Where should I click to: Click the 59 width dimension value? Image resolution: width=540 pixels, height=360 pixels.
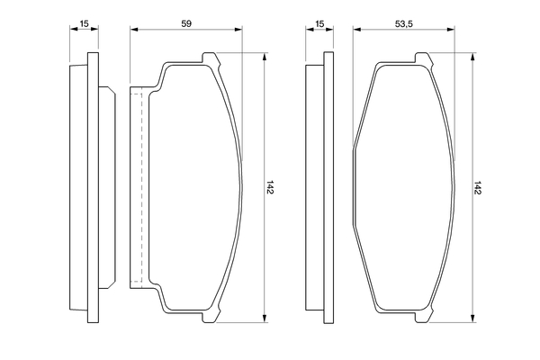[186, 23]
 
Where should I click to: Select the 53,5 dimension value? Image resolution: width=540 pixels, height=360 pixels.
[404, 23]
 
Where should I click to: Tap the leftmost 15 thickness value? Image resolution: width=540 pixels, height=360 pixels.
[84, 23]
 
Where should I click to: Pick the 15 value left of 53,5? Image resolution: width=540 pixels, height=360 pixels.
[319, 23]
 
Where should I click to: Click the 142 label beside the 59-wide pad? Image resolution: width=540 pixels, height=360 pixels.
[270, 187]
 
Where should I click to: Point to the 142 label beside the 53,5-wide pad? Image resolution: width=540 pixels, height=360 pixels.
[477, 187]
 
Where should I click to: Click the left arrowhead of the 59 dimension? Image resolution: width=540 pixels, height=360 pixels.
[134, 30]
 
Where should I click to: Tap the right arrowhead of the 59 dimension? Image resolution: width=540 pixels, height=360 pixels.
[238, 30]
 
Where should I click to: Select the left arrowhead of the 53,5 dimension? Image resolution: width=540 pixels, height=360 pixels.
[356, 30]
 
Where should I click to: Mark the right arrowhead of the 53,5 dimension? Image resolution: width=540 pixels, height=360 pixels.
[451, 30]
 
